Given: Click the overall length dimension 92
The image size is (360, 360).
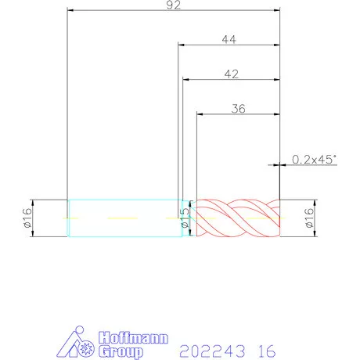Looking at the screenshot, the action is [174, 5].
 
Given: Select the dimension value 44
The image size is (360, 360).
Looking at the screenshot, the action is [229, 39].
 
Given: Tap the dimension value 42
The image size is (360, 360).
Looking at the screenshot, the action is [232, 74].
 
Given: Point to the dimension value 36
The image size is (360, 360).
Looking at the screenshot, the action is [238, 109].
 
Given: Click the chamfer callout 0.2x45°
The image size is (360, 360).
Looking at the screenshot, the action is [314, 160].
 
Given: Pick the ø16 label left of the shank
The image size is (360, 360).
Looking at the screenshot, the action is [27, 218].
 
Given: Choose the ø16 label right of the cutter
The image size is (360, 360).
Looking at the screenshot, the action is [309, 218].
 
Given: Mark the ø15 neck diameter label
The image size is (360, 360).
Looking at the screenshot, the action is [185, 218].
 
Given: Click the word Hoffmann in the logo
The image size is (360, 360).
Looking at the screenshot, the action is [133, 338].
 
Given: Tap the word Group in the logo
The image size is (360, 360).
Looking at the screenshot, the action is [121, 351].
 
